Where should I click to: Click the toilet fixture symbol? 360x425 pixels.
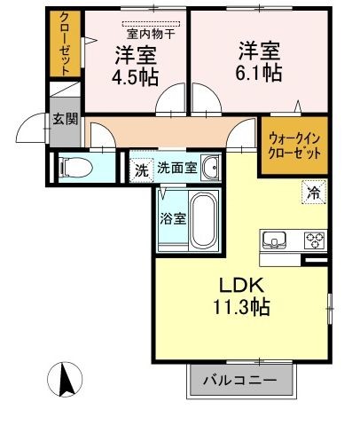[x=75, y=168]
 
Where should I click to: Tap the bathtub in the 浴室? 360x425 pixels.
[x=203, y=221]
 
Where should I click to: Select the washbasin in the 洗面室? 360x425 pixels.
[x=211, y=168]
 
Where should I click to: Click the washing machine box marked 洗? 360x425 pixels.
[x=141, y=170]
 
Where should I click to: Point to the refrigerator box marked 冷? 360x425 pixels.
[x=314, y=193]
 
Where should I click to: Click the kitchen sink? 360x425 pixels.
[x=274, y=240]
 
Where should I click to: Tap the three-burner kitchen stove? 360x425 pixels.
[x=315, y=240]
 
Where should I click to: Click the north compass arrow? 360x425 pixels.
[x=65, y=380]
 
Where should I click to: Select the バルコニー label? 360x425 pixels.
[x=240, y=380]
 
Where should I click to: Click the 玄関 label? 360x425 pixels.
[x=66, y=119]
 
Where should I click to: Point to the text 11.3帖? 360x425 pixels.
[x=241, y=307]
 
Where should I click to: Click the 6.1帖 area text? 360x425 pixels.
[x=258, y=73]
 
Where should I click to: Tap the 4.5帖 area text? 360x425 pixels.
[x=135, y=77]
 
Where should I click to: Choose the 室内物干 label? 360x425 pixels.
[x=151, y=35]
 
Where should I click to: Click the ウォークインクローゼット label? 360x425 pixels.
[x=294, y=146]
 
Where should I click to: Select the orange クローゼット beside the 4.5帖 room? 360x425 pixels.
[x=65, y=43]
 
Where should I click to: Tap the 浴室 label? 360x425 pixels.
[x=173, y=219]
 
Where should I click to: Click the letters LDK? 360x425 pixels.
[x=241, y=286]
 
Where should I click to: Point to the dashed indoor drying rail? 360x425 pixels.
[x=151, y=24]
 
